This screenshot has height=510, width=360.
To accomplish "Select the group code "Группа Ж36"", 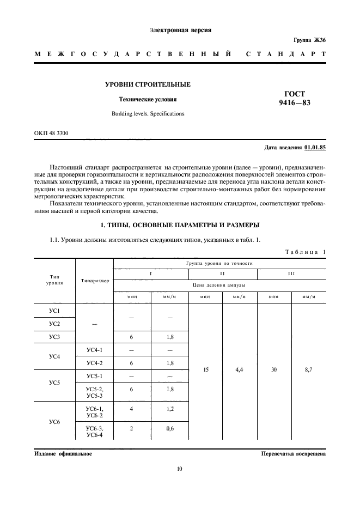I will coord(309,40).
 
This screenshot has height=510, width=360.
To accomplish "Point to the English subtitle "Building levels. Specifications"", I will coord(148,114).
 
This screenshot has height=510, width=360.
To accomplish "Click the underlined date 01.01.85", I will coord(315,148).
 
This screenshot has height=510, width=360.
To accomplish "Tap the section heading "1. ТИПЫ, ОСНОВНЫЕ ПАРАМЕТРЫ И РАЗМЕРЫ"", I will coord(180,224).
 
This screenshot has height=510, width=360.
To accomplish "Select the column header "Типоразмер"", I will coord(95,281).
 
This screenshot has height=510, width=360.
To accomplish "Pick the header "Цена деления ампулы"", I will coord(219,285).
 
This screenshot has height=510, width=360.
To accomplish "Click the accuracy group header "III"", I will coord(291,273).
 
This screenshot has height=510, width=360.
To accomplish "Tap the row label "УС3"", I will coord(54,338).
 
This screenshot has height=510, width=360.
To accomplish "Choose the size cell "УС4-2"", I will coord(95,362).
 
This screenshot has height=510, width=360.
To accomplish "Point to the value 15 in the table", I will coord(205,369).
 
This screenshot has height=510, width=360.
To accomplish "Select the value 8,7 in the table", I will coord(309,369).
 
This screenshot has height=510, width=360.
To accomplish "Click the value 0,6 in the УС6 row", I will coord(169,428).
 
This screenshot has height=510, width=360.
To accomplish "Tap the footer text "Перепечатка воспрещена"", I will coord(293,453).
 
